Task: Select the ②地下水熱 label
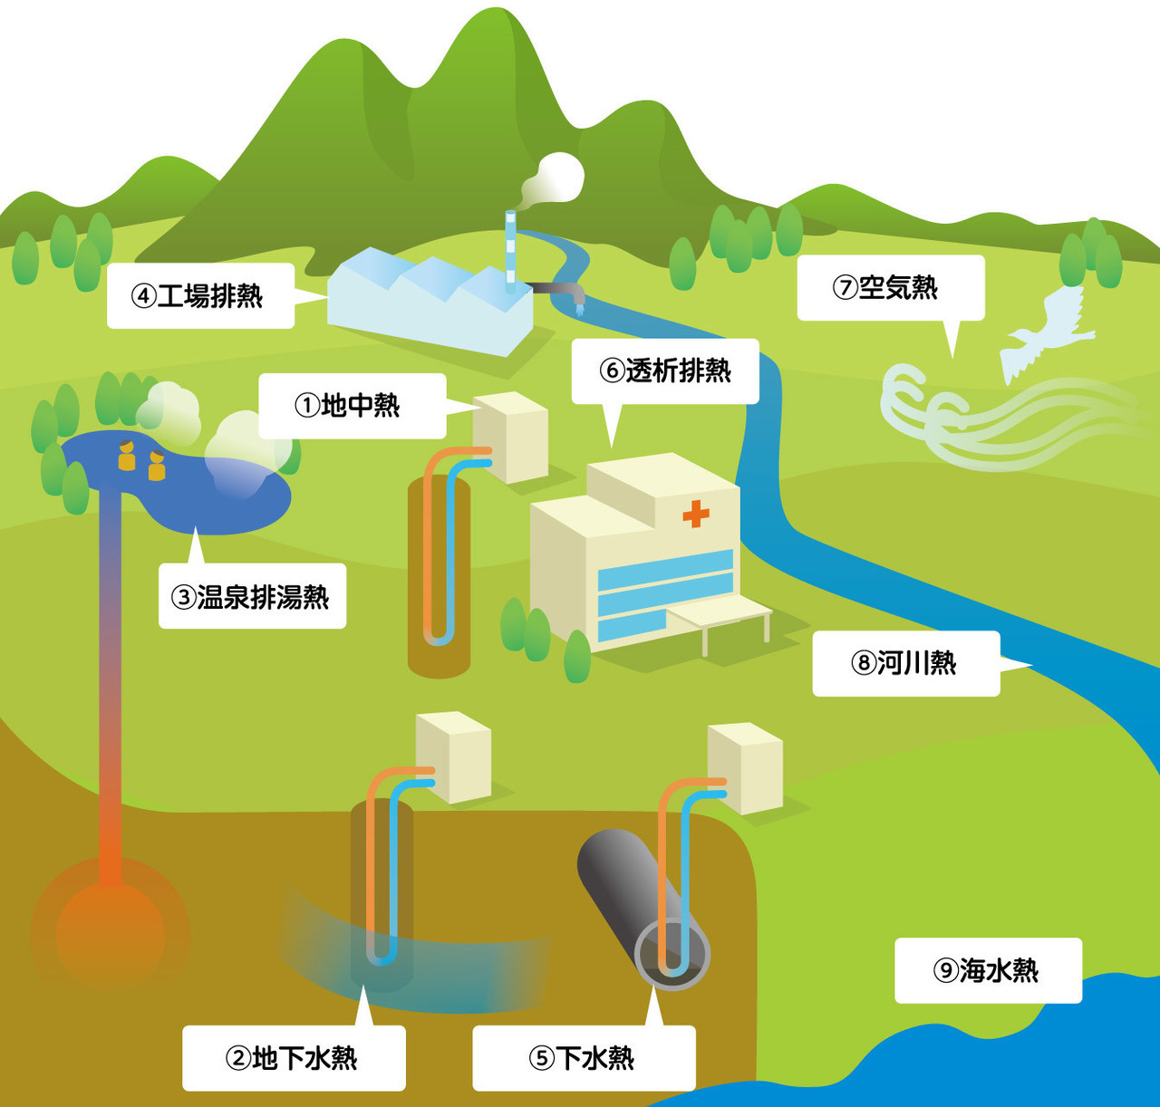[x=293, y=1058]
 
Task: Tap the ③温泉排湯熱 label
[x=252, y=596]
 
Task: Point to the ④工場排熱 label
[x=200, y=295]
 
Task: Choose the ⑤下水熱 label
[x=584, y=1058]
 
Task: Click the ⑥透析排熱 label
[x=664, y=371]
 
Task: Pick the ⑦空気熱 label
[x=890, y=287]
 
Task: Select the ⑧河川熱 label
[x=905, y=663]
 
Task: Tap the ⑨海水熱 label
[x=988, y=970]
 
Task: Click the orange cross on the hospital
[x=696, y=514]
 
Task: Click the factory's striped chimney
[x=511, y=252]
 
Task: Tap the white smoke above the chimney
[x=555, y=178]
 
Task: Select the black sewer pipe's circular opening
[x=672, y=955]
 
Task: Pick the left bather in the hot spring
[x=127, y=457]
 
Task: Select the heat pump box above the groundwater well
[x=454, y=756]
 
